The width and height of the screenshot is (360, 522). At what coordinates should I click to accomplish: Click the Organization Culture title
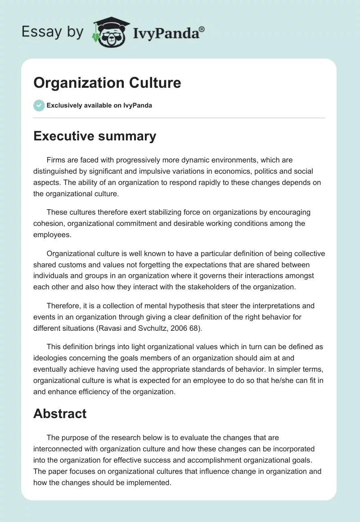[x=107, y=83]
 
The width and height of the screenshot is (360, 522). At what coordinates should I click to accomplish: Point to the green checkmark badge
[x=39, y=105]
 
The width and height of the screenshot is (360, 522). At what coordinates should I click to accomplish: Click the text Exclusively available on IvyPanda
[x=99, y=105]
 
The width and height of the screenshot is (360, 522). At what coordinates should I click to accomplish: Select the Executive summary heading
[x=94, y=136]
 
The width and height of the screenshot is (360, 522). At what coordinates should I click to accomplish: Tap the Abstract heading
[x=60, y=414]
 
